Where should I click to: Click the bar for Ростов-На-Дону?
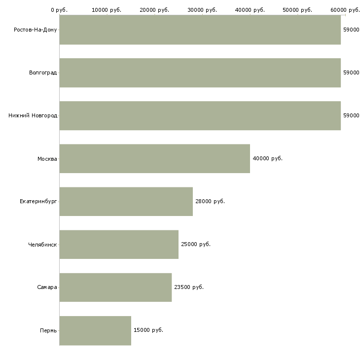pyautogui.click(x=200, y=30)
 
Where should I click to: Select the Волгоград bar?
pyautogui.click(x=200, y=73)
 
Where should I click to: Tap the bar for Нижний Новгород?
pyautogui.click(x=200, y=116)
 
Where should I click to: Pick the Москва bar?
pyautogui.click(x=154, y=159)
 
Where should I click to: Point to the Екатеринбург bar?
pyautogui.click(x=126, y=202)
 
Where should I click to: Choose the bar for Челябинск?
pyautogui.click(x=119, y=245)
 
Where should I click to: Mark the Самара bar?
pyautogui.click(x=115, y=288)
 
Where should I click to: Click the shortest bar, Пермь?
pyautogui.click(x=95, y=330)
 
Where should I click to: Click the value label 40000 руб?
pyautogui.click(x=267, y=159)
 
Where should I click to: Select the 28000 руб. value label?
pyautogui.click(x=210, y=202)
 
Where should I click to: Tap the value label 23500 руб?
pyautogui.click(x=188, y=288)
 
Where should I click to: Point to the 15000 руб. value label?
pyautogui.click(x=148, y=330)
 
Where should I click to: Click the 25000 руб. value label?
pyautogui.click(x=196, y=245)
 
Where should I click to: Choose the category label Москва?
pyautogui.click(x=47, y=159)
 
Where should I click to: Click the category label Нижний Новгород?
pyautogui.click(x=33, y=116)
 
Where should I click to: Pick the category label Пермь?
pyautogui.click(x=48, y=330)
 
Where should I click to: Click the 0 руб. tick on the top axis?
pyautogui.click(x=59, y=10)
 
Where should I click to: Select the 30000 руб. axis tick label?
pyautogui.click(x=202, y=10)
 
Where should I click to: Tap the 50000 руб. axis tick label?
pyautogui.click(x=298, y=10)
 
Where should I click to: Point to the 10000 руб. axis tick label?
pyautogui.click(x=107, y=10)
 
